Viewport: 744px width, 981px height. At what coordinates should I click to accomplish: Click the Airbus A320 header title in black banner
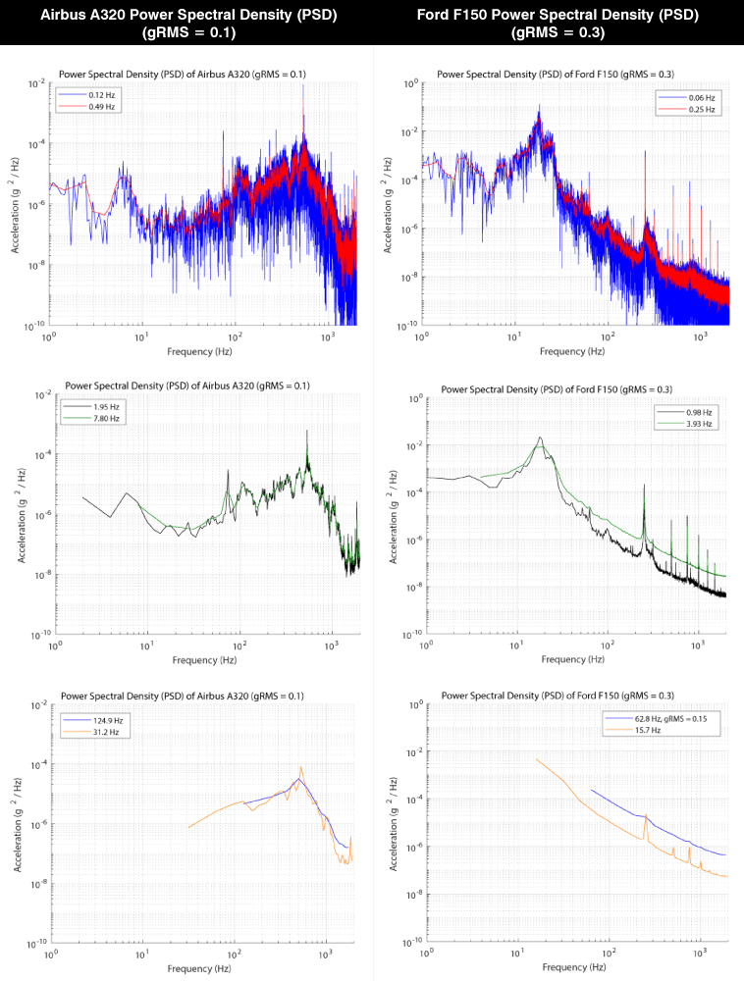[x=186, y=22]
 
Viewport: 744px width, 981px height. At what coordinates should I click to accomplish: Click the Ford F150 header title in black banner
[x=558, y=22]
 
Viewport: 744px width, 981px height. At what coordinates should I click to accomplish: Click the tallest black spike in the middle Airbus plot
[x=307, y=432]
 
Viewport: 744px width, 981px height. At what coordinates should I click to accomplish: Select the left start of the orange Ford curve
[x=537, y=758]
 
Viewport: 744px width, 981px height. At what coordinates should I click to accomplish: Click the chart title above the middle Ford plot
[x=558, y=388]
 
